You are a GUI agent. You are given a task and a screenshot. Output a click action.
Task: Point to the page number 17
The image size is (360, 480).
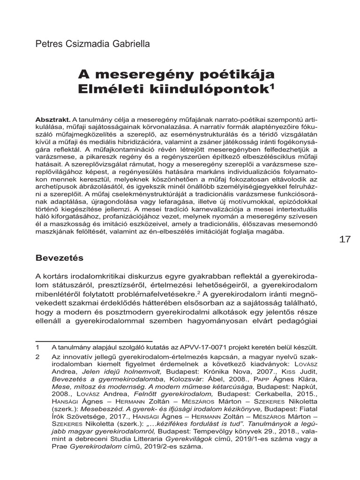345,240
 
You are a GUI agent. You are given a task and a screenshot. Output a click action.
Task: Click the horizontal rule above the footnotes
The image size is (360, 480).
94,341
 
